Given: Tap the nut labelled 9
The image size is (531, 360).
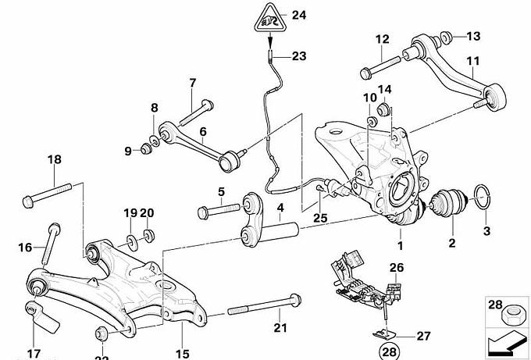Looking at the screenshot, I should coord(145,148).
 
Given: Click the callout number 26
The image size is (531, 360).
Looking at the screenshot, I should coord(396,269).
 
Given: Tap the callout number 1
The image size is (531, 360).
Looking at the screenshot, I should coord(401,245).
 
